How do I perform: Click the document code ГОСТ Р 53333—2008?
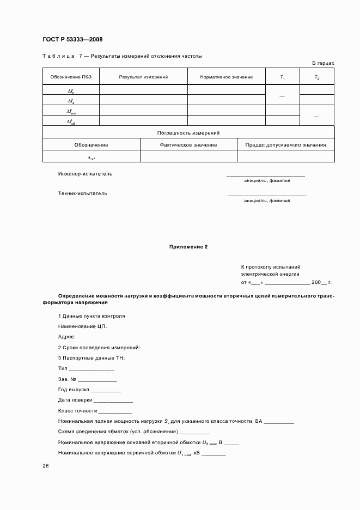click(x=72, y=40)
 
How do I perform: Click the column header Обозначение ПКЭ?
click(x=71, y=77)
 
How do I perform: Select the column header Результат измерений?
click(x=143, y=77)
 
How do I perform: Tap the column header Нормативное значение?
click(x=226, y=77)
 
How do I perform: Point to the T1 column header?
click(x=282, y=77)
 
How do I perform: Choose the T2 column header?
click(x=317, y=77)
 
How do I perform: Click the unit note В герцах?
click(x=323, y=63)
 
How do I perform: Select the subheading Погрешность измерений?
click(x=188, y=132)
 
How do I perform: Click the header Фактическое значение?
click(x=188, y=145)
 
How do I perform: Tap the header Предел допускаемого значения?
click(x=285, y=145)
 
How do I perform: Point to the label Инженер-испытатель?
click(x=85, y=174)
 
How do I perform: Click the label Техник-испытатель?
click(x=82, y=193)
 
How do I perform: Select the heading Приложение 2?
click(x=188, y=247)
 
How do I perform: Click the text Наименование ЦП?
click(x=82, y=326)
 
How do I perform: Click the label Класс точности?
click(x=77, y=411)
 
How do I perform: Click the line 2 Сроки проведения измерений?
click(x=99, y=347)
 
